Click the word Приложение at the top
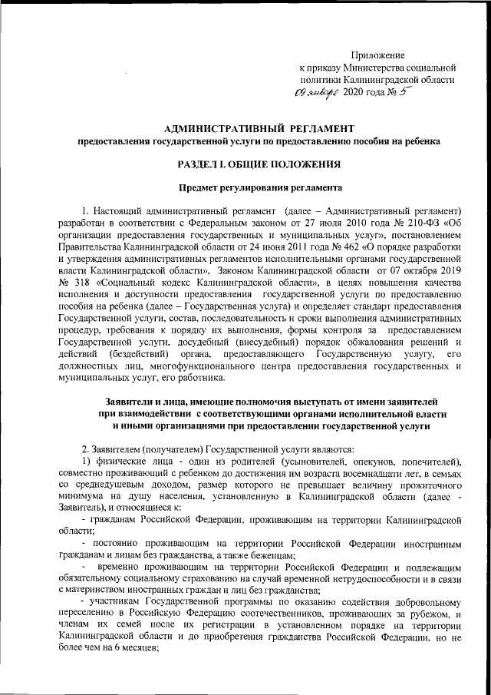point(377,55)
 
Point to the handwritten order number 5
point(406,91)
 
